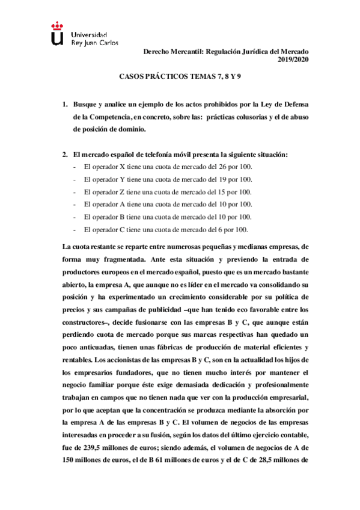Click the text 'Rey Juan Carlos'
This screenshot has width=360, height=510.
coord(94,43)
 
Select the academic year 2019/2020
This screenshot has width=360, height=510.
coord(293,59)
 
